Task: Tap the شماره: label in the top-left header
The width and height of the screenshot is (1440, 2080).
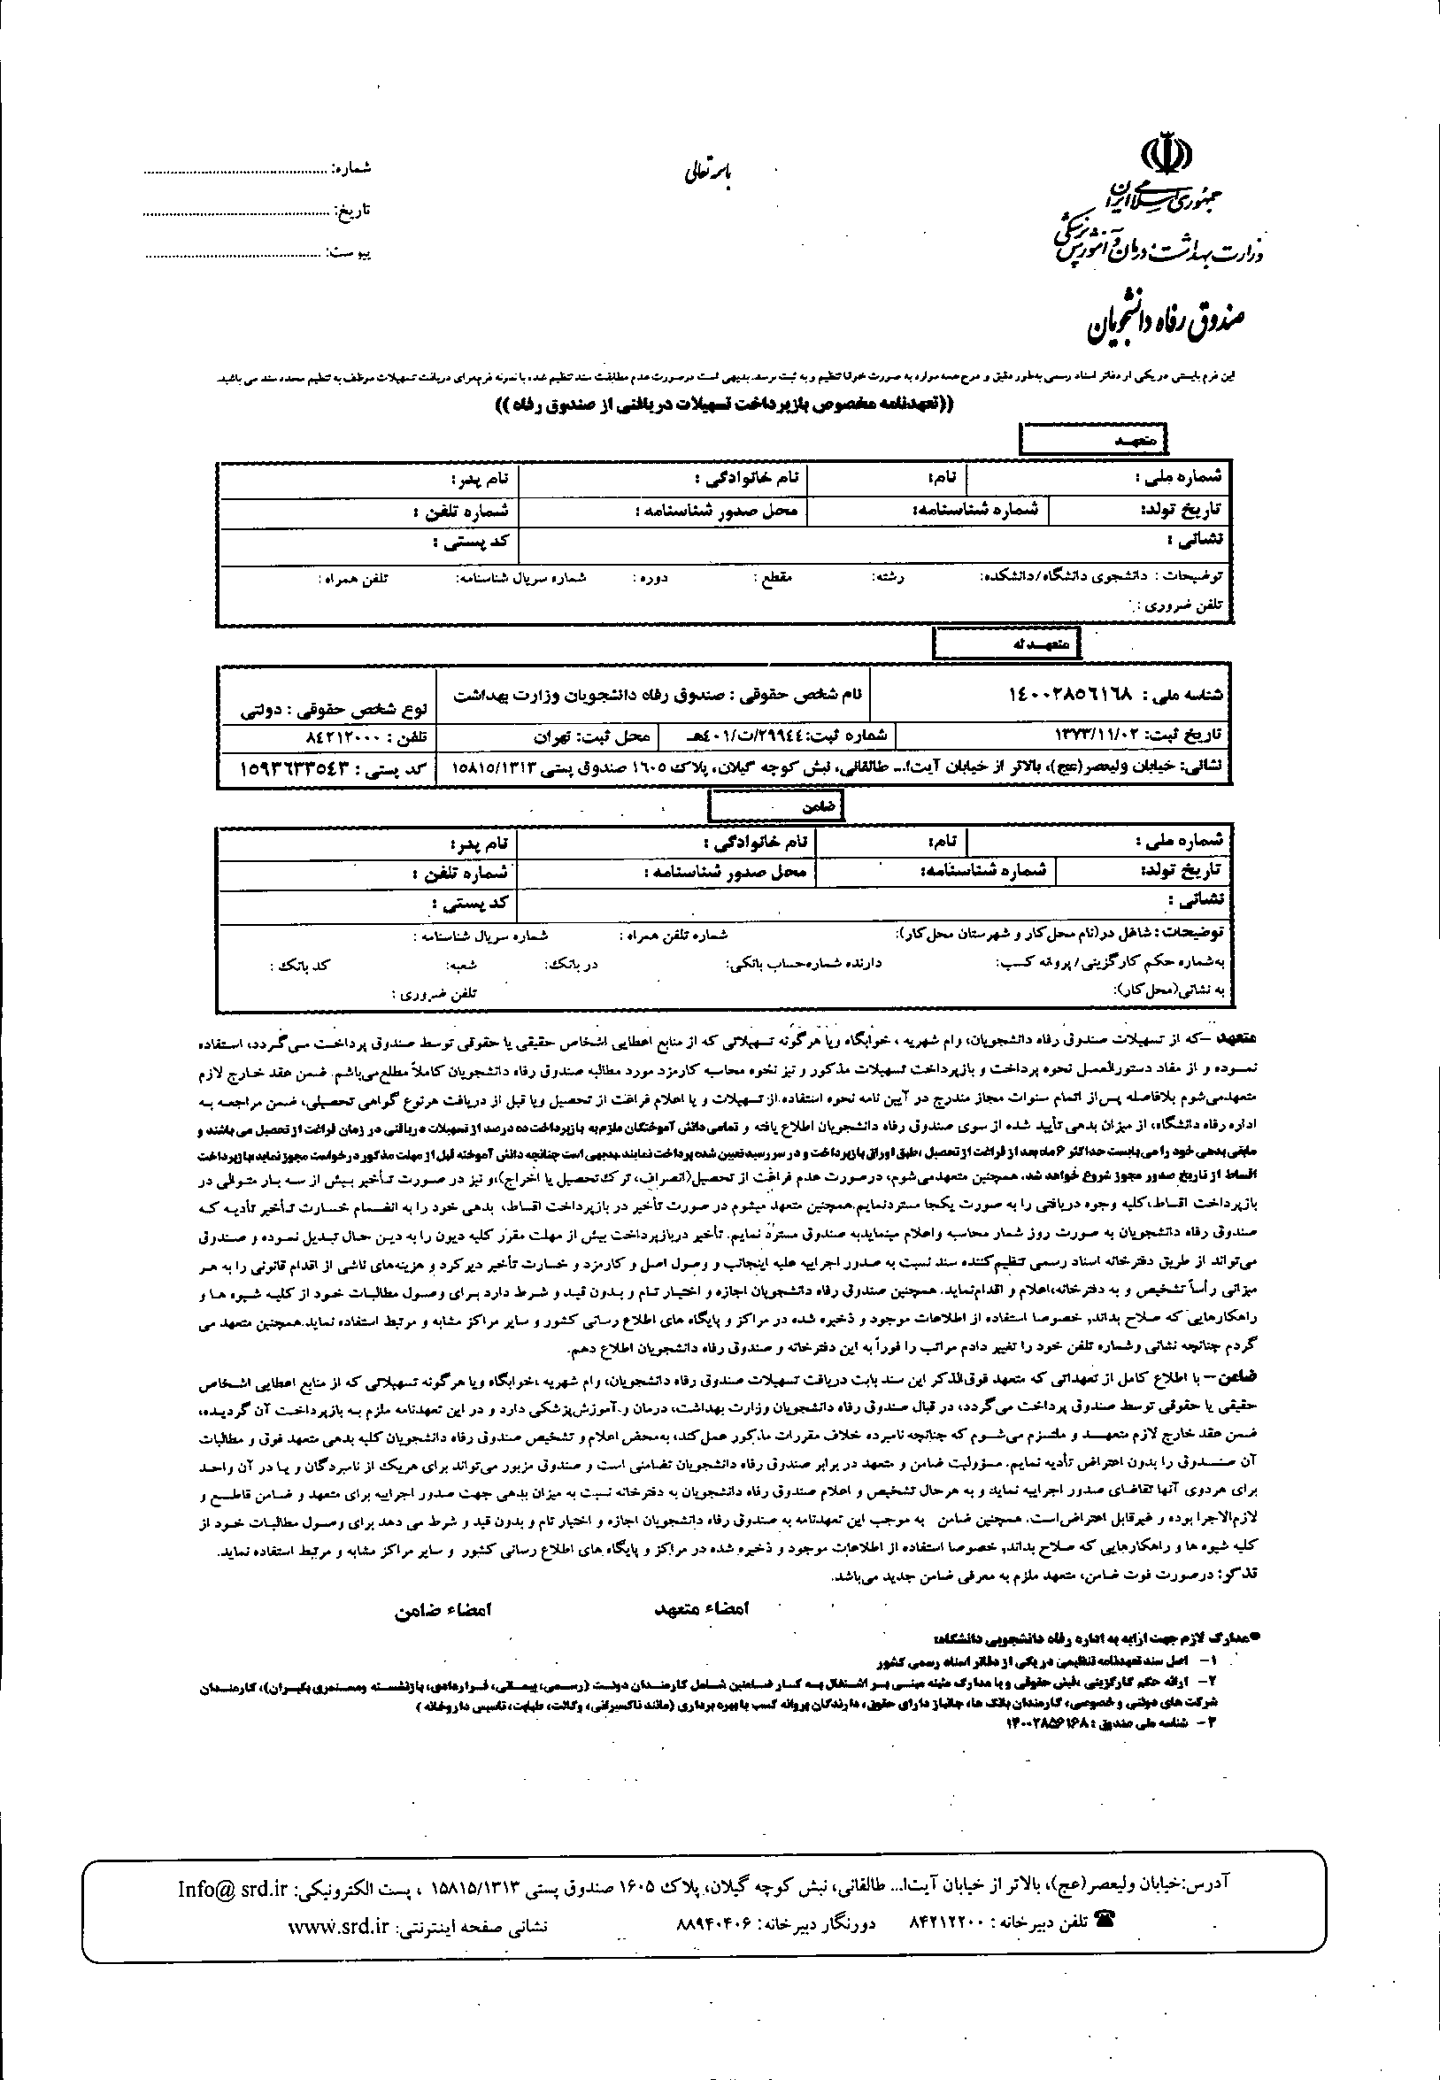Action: point(353,169)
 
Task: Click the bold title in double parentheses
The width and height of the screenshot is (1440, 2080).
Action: point(724,406)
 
